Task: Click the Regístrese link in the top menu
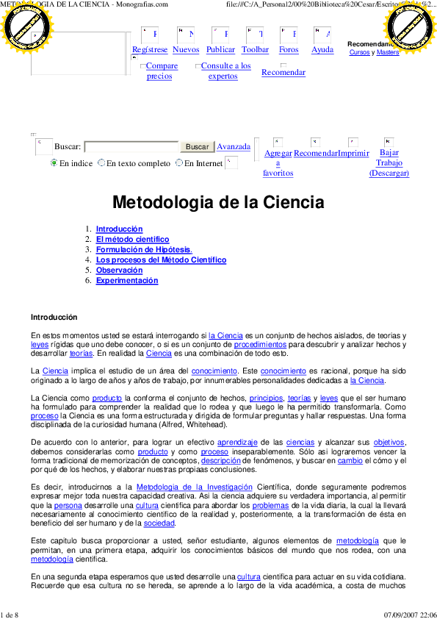pyautogui.click(x=150, y=50)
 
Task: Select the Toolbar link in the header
pyautogui.click(x=255, y=50)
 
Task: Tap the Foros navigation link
pyautogui.click(x=289, y=50)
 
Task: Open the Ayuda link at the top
pyautogui.click(x=322, y=50)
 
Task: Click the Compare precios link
pyautogui.click(x=161, y=71)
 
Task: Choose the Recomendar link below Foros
pyautogui.click(x=283, y=72)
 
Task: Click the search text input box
pyautogui.click(x=131, y=147)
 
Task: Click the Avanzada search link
pyautogui.click(x=234, y=147)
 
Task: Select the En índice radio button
pyautogui.click(x=54, y=163)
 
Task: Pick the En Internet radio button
pyautogui.click(x=179, y=163)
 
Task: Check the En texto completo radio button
pyautogui.click(x=101, y=163)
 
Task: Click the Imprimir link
pyautogui.click(x=353, y=153)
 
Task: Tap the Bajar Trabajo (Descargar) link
pyautogui.click(x=389, y=162)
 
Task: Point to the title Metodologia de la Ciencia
pyautogui.click(x=218, y=202)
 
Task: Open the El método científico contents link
pyautogui.click(x=132, y=240)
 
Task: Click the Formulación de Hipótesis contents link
pyautogui.click(x=144, y=250)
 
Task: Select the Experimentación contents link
pyautogui.click(x=126, y=281)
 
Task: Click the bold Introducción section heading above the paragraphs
pyautogui.click(x=54, y=318)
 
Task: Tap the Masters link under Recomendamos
pyautogui.click(x=388, y=53)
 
